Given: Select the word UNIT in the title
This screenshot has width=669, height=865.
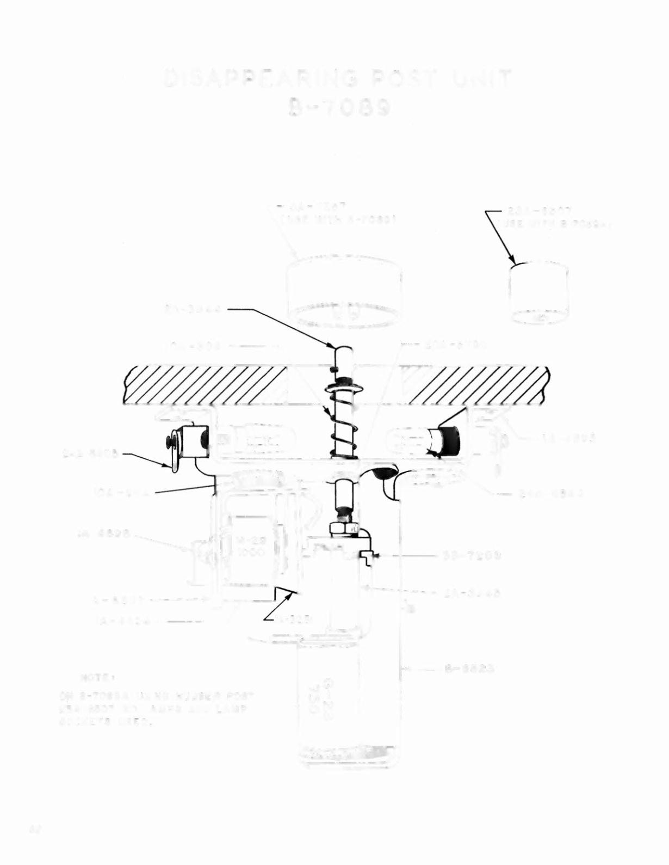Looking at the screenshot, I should coord(481,80).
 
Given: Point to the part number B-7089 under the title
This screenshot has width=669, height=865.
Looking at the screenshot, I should coord(340,108).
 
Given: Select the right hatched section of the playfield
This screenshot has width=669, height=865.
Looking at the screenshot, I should coord(479,385).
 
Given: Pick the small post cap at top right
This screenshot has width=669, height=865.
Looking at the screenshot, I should coord(538,293).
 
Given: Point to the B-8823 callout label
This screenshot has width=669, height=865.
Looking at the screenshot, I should coord(469,668).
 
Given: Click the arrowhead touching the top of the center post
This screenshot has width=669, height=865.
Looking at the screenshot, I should coord(336,345).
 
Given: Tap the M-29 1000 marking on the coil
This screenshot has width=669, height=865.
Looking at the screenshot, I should coord(250,546).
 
